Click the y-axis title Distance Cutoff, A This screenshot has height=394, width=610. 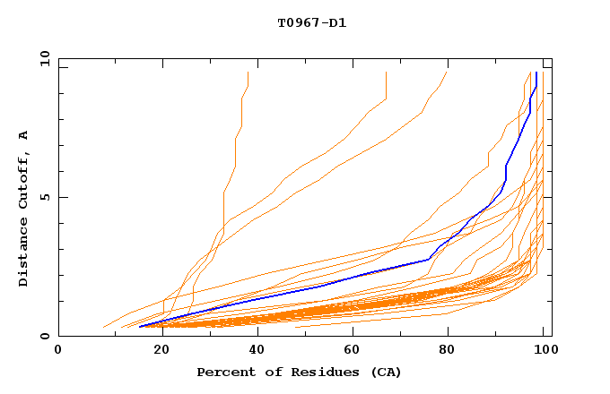(23, 208)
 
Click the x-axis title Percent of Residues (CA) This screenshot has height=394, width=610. (299, 372)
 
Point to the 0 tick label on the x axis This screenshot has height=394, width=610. (58, 351)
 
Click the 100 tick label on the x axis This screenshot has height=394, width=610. (541, 351)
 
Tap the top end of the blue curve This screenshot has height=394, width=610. (536, 73)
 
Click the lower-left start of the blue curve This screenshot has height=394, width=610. (140, 327)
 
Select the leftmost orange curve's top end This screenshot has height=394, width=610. (248, 73)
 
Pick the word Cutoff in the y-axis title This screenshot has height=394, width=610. (23, 184)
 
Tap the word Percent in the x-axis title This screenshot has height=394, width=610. (224, 372)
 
